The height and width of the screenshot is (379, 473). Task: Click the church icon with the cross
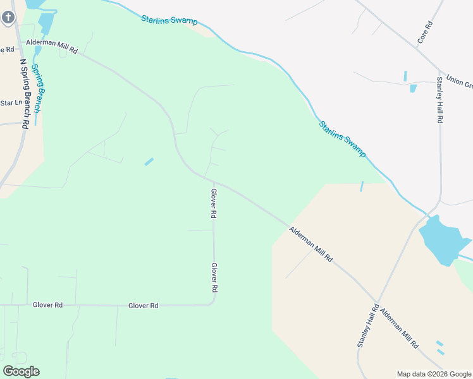click(8, 16)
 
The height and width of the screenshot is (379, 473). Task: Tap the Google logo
click(21, 371)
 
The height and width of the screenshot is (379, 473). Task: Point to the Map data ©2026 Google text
click(434, 374)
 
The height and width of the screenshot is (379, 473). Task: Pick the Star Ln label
click(11, 103)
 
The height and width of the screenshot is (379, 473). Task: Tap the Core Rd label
click(424, 32)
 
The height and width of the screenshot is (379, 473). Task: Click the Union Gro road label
click(459, 81)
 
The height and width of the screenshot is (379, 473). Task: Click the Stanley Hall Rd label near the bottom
click(367, 326)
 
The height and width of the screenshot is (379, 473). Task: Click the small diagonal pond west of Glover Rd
click(149, 162)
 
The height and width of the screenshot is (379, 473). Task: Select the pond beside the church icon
click(46, 22)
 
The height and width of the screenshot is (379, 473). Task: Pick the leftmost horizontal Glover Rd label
click(48, 305)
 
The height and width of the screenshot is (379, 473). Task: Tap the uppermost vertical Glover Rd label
click(214, 203)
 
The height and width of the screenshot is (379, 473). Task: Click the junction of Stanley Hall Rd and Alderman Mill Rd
click(378, 301)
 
